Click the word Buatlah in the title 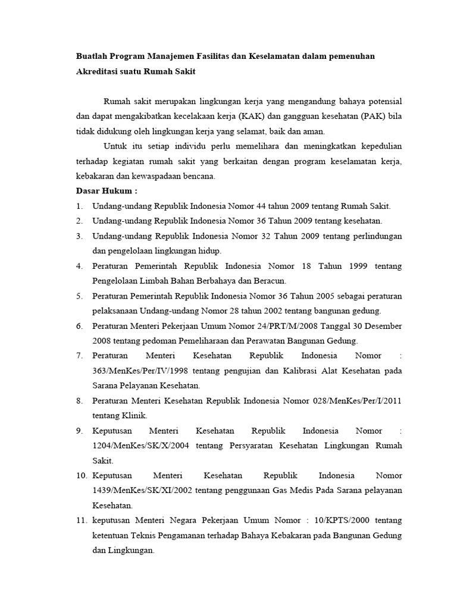[92, 56]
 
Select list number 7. [79, 356]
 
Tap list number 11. [82, 520]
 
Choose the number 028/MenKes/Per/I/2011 [357, 401]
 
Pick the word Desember [381, 326]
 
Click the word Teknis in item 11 [142, 535]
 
